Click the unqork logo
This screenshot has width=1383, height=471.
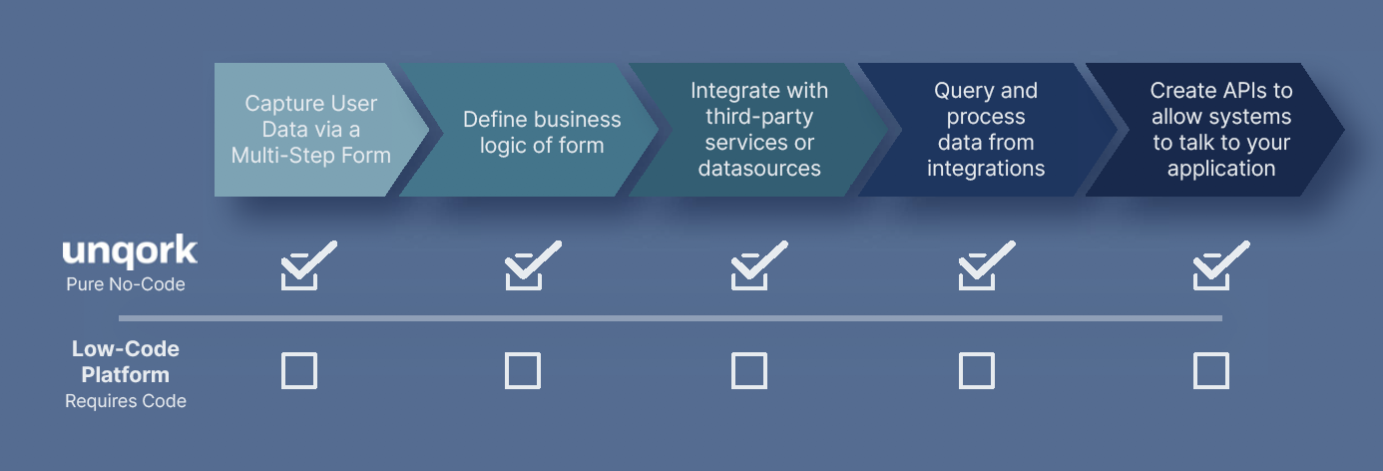coord(130,250)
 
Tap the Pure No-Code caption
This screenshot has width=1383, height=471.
coord(126,284)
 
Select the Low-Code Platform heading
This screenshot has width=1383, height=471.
coord(126,362)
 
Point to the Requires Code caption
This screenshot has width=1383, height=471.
coord(126,401)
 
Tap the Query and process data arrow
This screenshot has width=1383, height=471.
coord(986,130)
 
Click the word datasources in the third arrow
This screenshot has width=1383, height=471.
coord(759,169)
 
